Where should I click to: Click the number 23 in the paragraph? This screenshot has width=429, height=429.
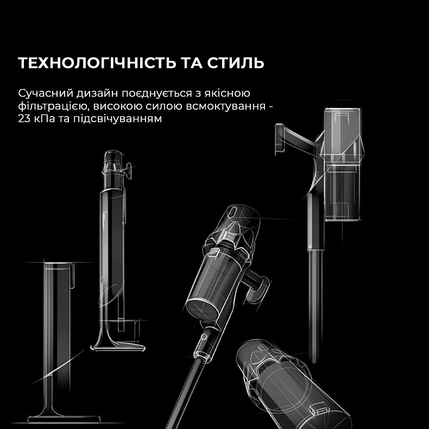pos(24,118)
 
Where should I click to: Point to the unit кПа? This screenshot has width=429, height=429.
pos(46,118)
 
